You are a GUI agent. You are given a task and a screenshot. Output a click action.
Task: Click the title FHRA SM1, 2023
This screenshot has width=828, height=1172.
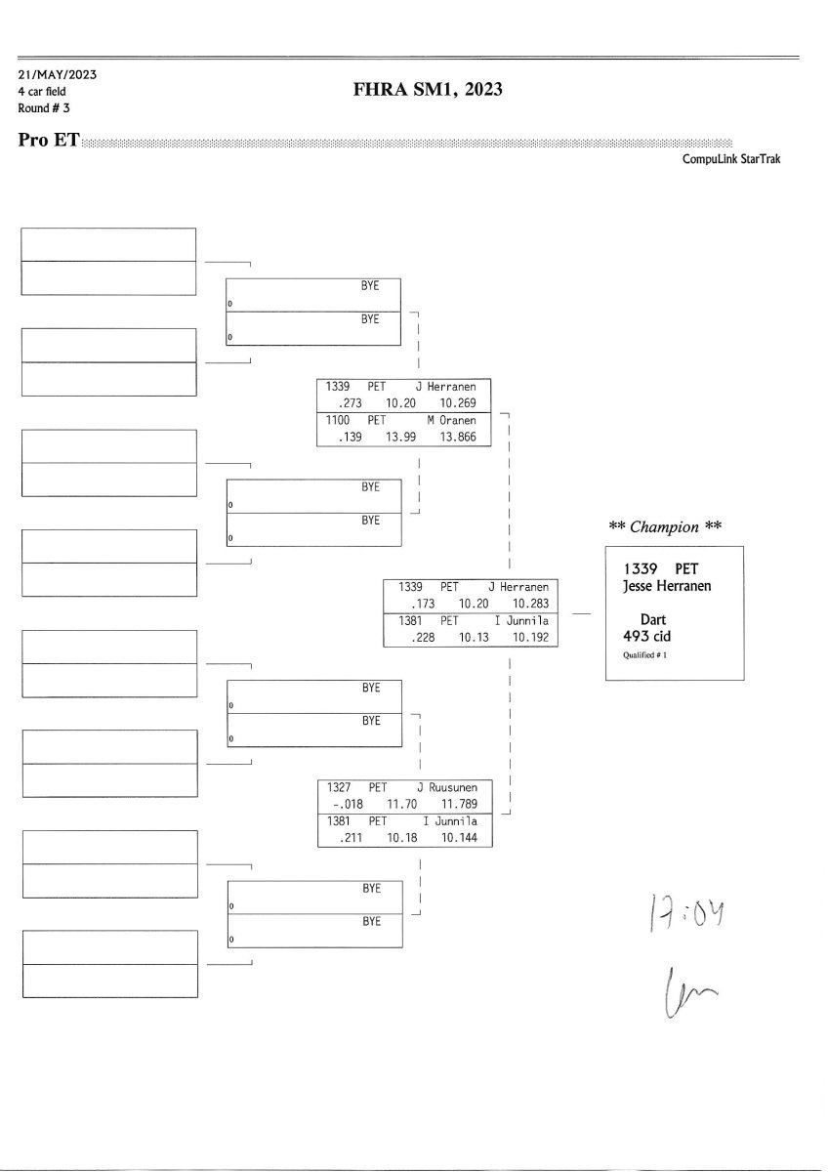pyautogui.click(x=428, y=90)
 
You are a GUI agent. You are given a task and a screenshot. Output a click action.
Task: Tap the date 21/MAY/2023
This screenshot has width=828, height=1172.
pyautogui.click(x=57, y=75)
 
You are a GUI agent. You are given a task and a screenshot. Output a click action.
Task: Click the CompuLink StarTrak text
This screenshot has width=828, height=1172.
pyautogui.click(x=731, y=159)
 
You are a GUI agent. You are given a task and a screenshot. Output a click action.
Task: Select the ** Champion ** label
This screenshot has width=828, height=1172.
pyautogui.click(x=665, y=527)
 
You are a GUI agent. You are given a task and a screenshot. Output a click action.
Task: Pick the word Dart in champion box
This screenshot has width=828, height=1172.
pyautogui.click(x=653, y=619)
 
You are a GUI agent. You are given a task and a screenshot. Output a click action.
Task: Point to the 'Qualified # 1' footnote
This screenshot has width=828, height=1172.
pyautogui.click(x=644, y=654)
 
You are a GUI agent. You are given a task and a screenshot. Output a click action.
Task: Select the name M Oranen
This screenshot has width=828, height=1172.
pyautogui.click(x=451, y=420)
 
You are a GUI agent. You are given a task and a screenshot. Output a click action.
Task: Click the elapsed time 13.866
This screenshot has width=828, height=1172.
pyautogui.click(x=458, y=438)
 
